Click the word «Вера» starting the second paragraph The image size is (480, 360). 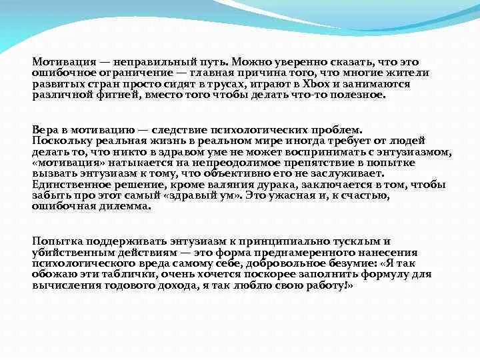45,130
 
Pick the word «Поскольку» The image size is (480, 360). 59,141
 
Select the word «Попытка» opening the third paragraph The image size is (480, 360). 55,241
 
